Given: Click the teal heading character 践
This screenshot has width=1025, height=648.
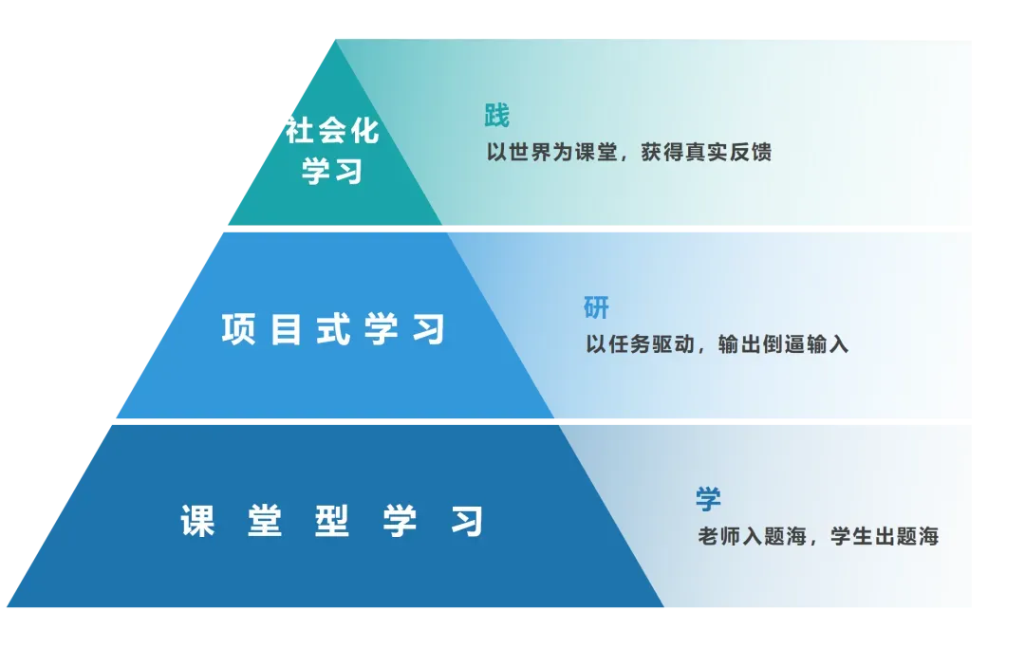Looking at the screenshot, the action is (496, 116).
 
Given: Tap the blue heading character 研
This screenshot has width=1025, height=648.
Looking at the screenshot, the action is (596, 307).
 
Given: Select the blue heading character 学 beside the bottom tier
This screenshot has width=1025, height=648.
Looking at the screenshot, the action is (708, 499).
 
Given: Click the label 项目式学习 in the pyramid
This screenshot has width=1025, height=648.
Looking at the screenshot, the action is (333, 329).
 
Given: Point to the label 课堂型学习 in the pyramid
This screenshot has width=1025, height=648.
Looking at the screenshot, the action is (332, 522).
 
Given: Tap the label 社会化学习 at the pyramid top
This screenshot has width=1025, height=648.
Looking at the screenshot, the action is (332, 151).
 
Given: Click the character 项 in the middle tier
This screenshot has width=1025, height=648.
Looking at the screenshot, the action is (238, 329).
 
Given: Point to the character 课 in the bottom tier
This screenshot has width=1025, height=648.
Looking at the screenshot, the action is (197, 522).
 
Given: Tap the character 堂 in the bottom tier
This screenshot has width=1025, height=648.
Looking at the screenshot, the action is (265, 522).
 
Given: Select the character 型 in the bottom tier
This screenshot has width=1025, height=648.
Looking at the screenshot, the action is (332, 522).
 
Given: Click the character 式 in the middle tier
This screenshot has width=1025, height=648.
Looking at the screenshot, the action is (333, 329).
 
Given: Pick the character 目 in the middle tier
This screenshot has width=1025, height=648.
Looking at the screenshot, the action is (286, 329).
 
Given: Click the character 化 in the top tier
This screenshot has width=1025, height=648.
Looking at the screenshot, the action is (365, 131).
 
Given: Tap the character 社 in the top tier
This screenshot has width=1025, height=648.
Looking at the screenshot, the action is (300, 131).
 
